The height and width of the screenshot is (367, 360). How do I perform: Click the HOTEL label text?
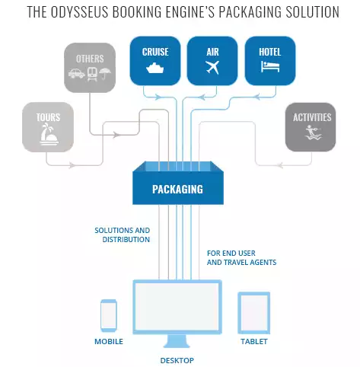(269, 52)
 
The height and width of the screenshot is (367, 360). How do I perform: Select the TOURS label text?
(48, 118)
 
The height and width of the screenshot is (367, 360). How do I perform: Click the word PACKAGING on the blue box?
(177, 188)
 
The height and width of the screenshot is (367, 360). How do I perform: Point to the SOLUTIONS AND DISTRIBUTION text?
(122, 235)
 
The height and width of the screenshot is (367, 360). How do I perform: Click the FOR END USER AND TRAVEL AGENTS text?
(241, 257)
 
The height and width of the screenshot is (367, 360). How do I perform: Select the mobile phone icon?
(108, 314)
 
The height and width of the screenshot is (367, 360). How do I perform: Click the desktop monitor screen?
(177, 308)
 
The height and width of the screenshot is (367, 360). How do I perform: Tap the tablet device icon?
(253, 312)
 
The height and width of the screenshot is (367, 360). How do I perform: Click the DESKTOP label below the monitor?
(177, 359)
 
